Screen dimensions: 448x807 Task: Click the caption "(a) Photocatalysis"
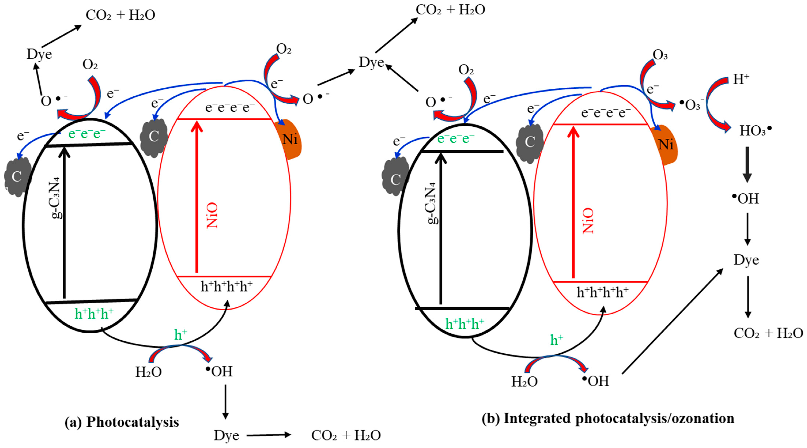click(x=122, y=422)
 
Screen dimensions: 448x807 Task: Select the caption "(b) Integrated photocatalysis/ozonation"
click(x=608, y=419)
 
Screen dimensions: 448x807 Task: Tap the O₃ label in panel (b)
click(x=660, y=55)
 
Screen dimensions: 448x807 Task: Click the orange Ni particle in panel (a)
click(x=290, y=140)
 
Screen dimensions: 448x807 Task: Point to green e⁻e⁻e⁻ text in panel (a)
click(x=87, y=134)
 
